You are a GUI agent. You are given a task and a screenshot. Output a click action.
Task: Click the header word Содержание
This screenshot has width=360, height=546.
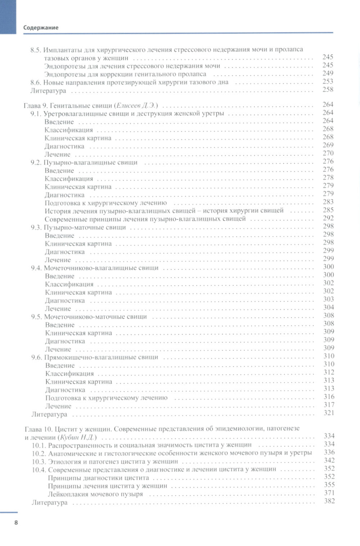click(41, 27)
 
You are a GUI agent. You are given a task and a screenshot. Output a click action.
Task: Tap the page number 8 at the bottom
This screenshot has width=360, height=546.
click(16, 523)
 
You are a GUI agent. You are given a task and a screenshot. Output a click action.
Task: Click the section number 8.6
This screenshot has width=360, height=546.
click(37, 82)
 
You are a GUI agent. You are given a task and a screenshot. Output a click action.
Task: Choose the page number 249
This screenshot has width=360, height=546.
click(328, 73)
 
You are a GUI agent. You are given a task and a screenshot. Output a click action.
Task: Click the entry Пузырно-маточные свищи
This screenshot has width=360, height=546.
click(85, 227)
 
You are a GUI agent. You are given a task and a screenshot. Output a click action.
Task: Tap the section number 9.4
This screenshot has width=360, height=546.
click(37, 268)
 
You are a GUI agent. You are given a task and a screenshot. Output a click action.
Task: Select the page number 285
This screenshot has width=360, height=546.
click(328, 210)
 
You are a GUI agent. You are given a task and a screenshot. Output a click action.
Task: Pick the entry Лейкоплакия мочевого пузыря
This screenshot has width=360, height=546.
click(95, 494)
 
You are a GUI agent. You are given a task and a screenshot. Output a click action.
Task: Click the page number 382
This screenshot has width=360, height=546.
click(329, 501)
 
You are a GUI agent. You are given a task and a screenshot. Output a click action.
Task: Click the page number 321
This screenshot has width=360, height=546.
click(329, 413)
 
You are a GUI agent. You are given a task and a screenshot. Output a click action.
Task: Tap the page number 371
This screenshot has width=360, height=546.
click(329, 493)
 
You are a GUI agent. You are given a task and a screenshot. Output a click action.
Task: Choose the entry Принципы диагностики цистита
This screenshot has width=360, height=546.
click(98, 478)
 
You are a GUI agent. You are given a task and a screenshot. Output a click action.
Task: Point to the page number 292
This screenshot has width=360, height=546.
click(328, 218)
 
